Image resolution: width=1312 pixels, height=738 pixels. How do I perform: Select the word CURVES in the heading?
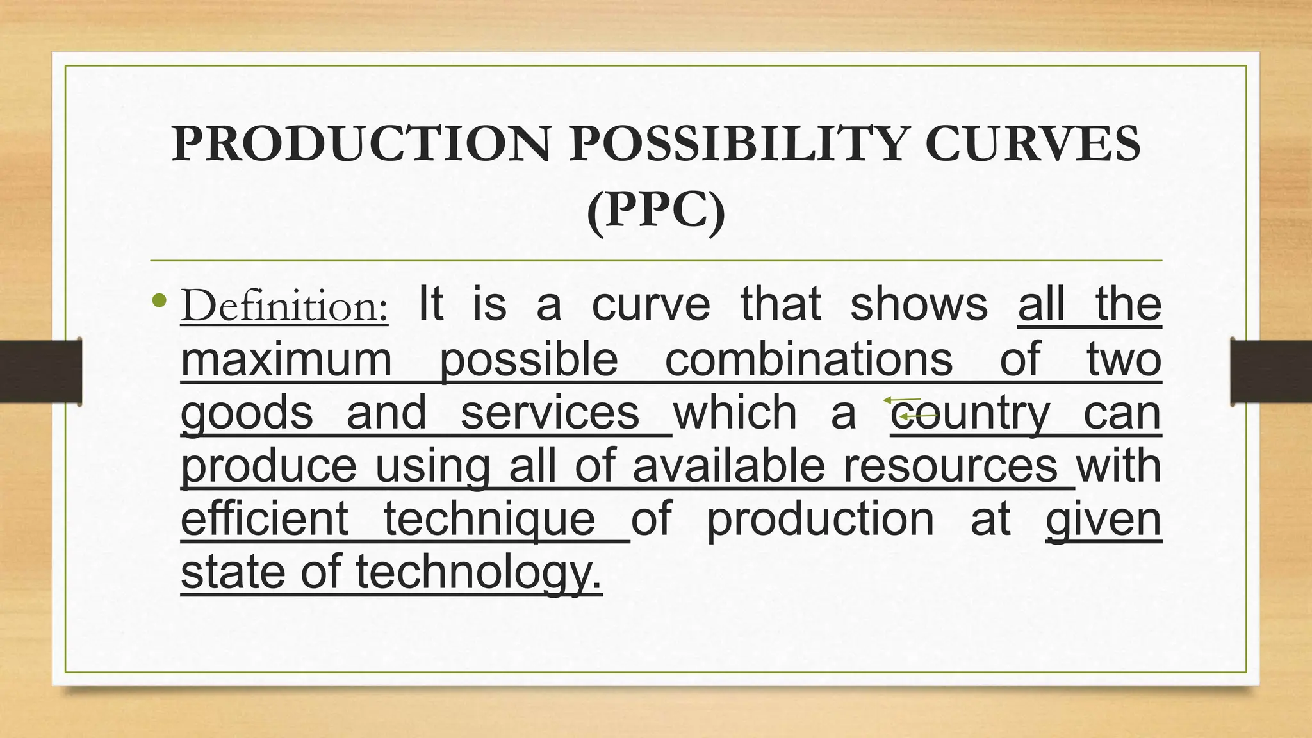coord(1032,143)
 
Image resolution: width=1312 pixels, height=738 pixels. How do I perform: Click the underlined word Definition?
coord(284,306)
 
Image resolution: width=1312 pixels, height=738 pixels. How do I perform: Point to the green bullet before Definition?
coord(160,300)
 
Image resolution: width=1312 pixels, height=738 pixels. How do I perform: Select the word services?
coord(550,413)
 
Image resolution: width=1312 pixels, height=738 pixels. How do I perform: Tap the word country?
coord(970,414)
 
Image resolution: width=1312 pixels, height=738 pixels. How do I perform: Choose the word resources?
coord(950,466)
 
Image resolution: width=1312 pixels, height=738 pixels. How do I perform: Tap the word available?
coord(728,466)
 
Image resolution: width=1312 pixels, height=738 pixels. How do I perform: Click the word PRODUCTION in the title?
coord(361,143)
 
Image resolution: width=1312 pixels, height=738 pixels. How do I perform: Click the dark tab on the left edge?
coord(40,372)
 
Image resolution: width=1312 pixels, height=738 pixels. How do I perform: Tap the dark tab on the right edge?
coord(1271,372)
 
